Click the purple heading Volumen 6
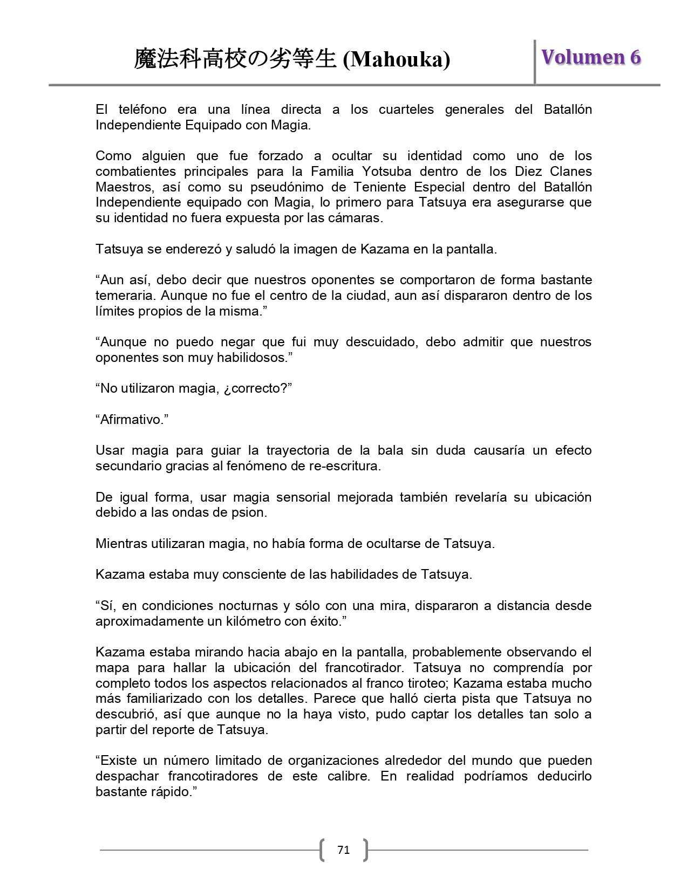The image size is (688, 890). [591, 57]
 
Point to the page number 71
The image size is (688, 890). [343, 850]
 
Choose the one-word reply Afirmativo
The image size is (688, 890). [132, 420]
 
